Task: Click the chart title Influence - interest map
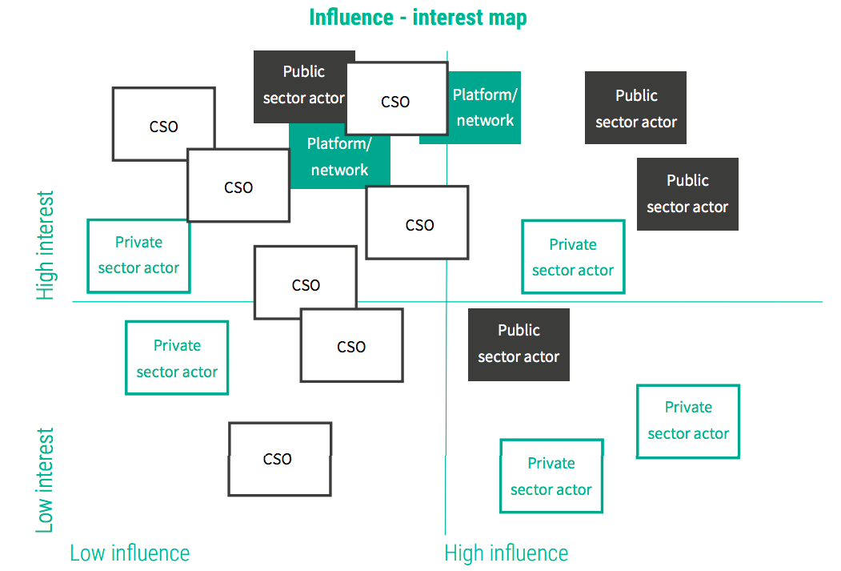coord(418,18)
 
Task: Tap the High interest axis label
coord(46,245)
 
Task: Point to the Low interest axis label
coord(46,480)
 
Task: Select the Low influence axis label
coord(130,553)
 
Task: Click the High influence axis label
coord(506,553)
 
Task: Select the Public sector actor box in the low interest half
coord(519,344)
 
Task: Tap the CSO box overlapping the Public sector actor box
coord(397,99)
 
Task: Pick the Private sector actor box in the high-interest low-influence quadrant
coord(138,255)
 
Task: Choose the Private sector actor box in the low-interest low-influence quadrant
coord(177,358)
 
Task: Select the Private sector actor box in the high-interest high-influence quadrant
coord(573,257)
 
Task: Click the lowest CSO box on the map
coord(279,459)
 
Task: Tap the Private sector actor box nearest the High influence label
coord(551,476)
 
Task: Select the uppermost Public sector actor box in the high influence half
coord(635,108)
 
